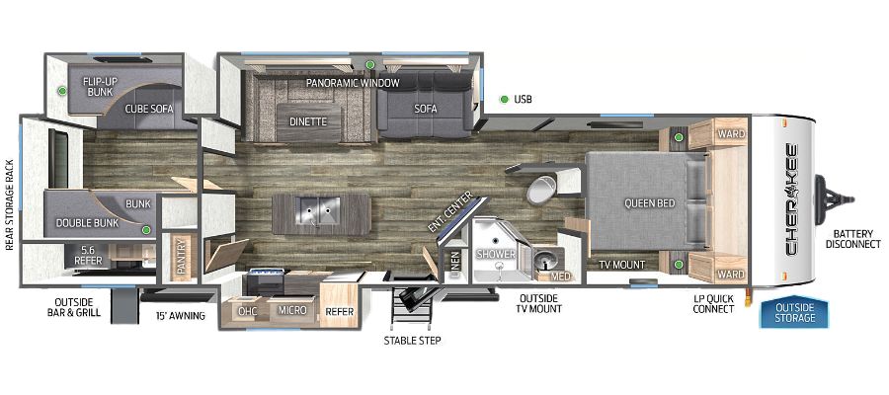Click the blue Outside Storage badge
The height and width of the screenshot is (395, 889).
794,312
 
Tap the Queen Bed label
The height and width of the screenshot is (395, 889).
649,202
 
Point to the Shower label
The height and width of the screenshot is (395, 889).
496,254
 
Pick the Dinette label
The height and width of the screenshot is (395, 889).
308,121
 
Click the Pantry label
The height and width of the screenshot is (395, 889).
182,258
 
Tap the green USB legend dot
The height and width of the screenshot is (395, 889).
504,100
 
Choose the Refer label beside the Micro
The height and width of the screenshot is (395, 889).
340,311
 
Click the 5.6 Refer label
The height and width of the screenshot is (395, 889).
89,256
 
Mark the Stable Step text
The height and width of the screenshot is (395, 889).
412,341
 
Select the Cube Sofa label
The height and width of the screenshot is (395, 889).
149,109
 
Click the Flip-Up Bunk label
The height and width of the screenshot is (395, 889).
98,86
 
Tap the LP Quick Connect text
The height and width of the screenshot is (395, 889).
713,304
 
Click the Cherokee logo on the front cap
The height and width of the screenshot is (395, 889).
791,199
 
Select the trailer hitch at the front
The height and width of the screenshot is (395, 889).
834,198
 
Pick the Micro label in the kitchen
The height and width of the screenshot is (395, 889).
292,310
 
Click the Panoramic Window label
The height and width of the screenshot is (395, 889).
353,83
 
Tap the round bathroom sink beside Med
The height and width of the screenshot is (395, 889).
546,260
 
